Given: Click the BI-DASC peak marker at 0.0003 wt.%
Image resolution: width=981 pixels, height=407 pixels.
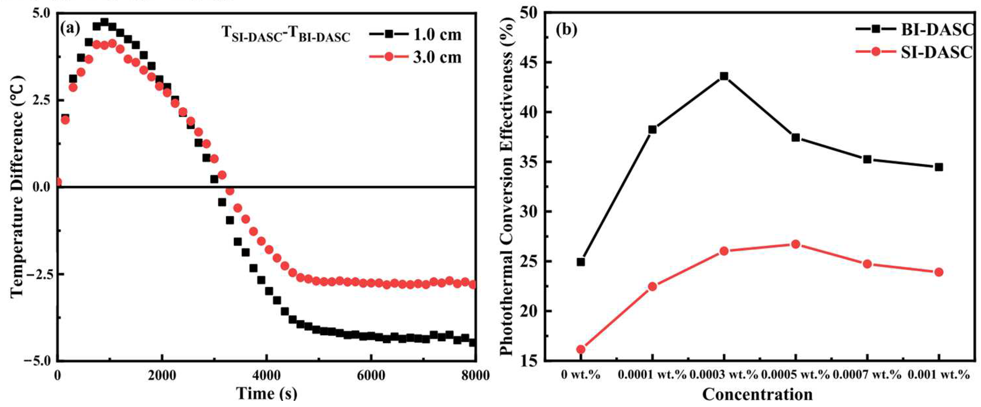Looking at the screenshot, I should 724,76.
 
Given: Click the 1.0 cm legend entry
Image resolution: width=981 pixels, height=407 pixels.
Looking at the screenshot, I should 415,35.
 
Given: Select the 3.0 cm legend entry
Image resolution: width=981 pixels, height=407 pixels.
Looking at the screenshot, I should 415,57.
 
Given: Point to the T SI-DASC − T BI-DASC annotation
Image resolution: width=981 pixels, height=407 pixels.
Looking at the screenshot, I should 286,35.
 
